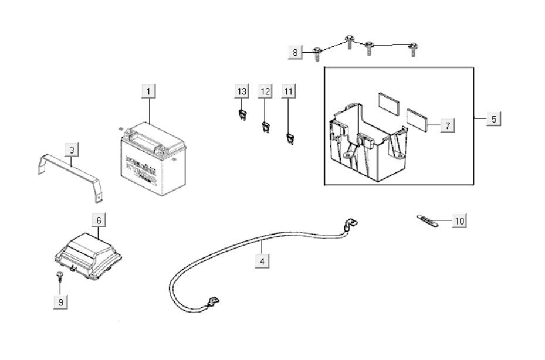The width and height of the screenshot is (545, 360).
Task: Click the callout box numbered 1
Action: [x=149, y=91]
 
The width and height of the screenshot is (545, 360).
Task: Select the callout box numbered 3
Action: [x=72, y=150]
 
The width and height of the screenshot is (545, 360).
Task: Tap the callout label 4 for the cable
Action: [x=262, y=261]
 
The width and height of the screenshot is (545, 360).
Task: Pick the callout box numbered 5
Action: [x=494, y=119]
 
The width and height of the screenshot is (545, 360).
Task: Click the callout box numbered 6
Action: [x=99, y=220]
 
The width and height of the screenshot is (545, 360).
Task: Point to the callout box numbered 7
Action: [x=447, y=125]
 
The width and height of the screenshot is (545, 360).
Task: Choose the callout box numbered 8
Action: [x=296, y=53]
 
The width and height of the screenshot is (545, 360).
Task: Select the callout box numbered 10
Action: [x=459, y=221]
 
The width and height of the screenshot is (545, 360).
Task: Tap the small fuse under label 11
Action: [x=289, y=139]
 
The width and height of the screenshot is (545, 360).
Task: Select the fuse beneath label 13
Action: [x=241, y=114]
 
